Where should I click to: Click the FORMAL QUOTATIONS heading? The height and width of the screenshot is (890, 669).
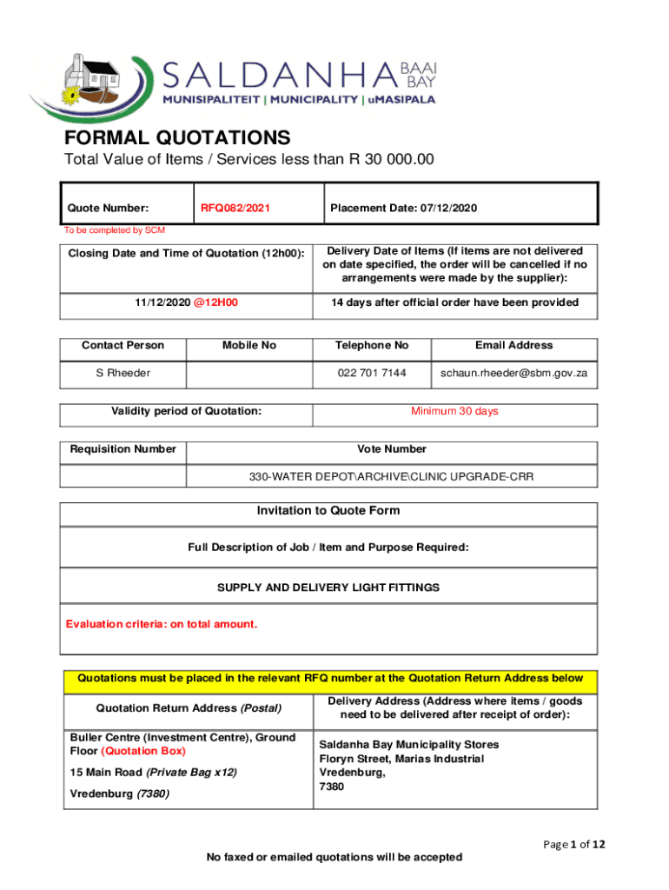(x=177, y=137)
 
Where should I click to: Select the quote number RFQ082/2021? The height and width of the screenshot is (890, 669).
(x=235, y=208)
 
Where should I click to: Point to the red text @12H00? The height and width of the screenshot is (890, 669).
(x=216, y=302)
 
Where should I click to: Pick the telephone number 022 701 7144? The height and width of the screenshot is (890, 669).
(x=371, y=373)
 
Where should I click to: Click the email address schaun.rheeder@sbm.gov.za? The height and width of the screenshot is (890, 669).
(x=513, y=373)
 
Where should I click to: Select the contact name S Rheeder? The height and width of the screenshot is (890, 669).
(x=123, y=373)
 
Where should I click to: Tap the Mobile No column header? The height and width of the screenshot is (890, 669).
(x=248, y=345)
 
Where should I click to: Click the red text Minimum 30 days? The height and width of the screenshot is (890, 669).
(x=454, y=411)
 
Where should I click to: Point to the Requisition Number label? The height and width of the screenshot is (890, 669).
(x=123, y=449)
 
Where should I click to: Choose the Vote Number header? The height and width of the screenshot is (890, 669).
(x=391, y=449)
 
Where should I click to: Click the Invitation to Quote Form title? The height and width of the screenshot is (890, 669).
(x=328, y=511)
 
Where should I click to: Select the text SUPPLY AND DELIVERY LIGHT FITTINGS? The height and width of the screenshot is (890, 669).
(x=328, y=588)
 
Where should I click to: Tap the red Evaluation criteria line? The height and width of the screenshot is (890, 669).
(x=162, y=624)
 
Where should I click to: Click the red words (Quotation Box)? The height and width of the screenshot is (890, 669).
(x=143, y=751)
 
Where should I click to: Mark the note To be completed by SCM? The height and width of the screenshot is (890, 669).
(x=114, y=230)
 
